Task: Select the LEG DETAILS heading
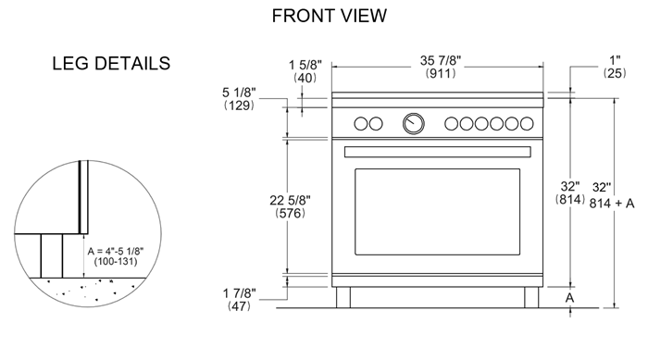[x=111, y=64]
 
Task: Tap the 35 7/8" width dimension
[x=435, y=60]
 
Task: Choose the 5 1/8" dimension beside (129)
[x=241, y=93]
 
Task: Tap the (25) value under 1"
[x=614, y=73]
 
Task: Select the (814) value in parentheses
[x=569, y=199]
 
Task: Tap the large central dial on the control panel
[x=414, y=122]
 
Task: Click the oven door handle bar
[x=436, y=151]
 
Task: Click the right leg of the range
[x=530, y=298]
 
